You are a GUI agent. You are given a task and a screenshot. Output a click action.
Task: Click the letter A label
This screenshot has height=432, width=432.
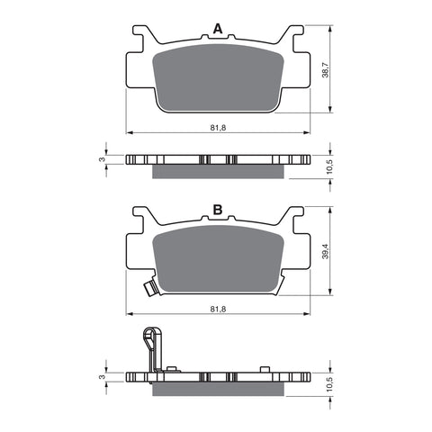pos(217,30)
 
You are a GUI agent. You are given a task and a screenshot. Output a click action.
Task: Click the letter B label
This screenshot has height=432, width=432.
pos(217,210)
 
